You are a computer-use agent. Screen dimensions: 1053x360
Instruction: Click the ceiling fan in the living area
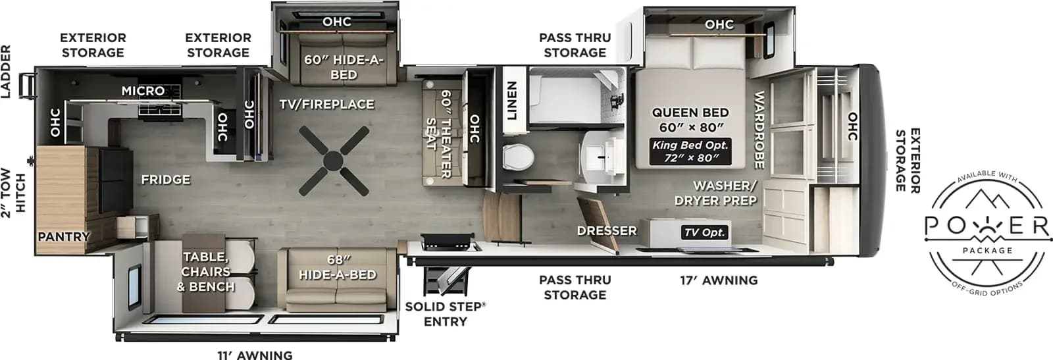pos(334,161)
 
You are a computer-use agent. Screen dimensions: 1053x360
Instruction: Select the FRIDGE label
pos(166,180)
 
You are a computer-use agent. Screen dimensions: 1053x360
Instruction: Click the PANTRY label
pos(64,236)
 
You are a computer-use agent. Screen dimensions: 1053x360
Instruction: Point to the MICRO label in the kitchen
pos(143,91)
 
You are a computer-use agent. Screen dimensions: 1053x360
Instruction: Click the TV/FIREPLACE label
pos(326,105)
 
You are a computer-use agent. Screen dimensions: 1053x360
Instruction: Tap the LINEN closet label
pos(512,101)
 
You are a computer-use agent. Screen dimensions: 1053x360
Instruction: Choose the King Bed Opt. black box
pos(690,151)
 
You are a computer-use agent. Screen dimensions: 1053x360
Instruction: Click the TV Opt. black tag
pos(705,232)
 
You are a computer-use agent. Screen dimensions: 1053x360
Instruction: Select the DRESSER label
pos(607,231)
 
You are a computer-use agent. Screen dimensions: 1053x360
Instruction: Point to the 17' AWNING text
pos(719,280)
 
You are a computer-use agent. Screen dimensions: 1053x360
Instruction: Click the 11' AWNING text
pos(255,355)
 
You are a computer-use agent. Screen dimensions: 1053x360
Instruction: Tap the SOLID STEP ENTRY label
pos(445,314)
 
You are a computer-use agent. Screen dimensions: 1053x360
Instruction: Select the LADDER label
pos(6,72)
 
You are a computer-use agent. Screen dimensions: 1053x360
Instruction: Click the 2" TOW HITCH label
pos(13,193)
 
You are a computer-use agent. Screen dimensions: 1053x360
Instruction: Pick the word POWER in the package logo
pos(987,226)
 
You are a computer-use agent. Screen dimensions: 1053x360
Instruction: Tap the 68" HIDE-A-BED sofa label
pos(338,267)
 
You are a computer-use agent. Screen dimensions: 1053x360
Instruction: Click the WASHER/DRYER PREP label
pos(716,193)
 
